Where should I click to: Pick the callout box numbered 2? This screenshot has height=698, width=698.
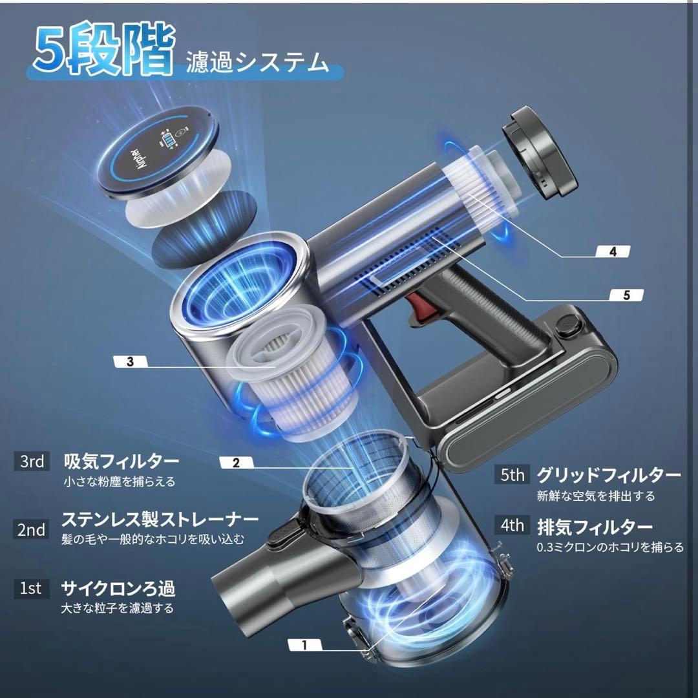tap(236, 462)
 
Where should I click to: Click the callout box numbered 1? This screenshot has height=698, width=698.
tap(304, 644)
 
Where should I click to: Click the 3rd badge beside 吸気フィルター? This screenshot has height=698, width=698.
tap(32, 461)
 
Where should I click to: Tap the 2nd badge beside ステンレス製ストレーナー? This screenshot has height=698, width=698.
tap(32, 530)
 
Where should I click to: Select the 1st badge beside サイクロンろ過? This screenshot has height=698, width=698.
tap(30, 588)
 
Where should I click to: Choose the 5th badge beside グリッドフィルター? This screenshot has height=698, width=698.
tap(513, 475)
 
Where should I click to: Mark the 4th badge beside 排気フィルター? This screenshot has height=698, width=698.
tap(513, 525)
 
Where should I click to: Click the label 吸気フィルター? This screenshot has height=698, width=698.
tap(121, 461)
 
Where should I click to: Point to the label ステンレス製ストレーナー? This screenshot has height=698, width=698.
tap(160, 518)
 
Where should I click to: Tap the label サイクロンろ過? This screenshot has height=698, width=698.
tap(118, 588)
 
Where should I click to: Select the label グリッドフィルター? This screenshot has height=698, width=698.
tap(608, 476)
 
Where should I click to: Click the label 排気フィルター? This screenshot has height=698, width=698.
tap(595, 527)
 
